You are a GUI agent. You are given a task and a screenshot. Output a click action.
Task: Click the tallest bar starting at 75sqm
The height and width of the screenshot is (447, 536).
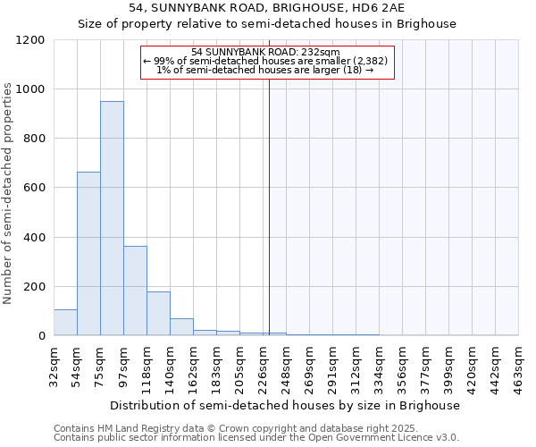pyautogui.click(x=112, y=218)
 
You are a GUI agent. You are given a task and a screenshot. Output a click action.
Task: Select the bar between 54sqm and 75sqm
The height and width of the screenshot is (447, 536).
pyautogui.click(x=88, y=254)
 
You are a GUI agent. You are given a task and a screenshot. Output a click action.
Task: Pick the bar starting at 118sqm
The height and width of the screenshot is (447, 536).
pyautogui.click(x=158, y=313)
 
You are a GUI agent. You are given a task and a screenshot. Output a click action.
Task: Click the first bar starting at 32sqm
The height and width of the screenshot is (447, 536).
pyautogui.click(x=65, y=323)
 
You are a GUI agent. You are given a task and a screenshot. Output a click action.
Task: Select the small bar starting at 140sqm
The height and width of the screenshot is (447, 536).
pyautogui.click(x=181, y=327)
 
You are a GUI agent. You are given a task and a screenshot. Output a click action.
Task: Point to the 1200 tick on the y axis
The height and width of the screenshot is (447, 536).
pyautogui.click(x=30, y=40)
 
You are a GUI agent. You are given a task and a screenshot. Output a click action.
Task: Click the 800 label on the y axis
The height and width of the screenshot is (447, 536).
pyautogui.click(x=34, y=139)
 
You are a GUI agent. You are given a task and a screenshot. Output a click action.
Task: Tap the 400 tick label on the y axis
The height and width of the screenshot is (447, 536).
pyautogui.click(x=34, y=238)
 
